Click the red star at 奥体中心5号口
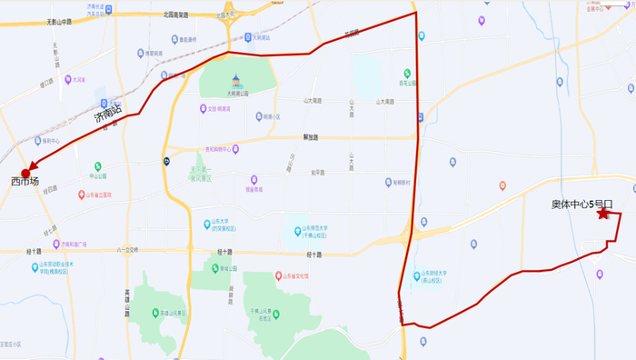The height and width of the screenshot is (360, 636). coord(602,214)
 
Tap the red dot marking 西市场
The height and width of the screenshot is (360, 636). coord(25,172)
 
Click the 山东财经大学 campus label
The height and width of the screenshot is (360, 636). coord(438,275)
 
